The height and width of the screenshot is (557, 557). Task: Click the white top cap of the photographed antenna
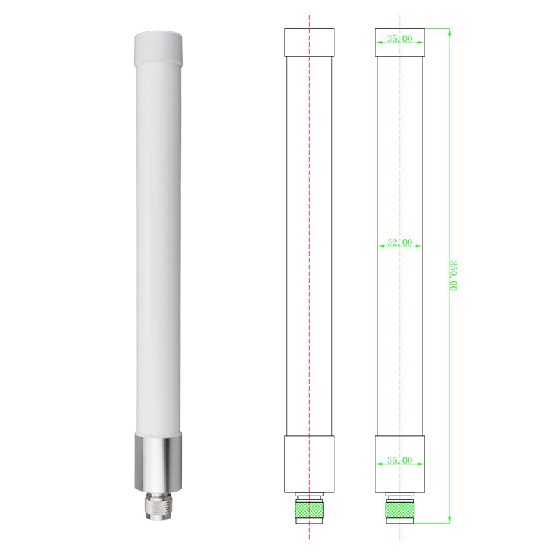point(159,48)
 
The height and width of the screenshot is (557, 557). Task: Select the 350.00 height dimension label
point(453,276)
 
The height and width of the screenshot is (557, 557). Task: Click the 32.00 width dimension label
point(400,242)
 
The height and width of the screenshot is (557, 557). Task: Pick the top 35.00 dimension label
point(400,38)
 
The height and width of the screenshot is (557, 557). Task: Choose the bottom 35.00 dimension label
point(400,460)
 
